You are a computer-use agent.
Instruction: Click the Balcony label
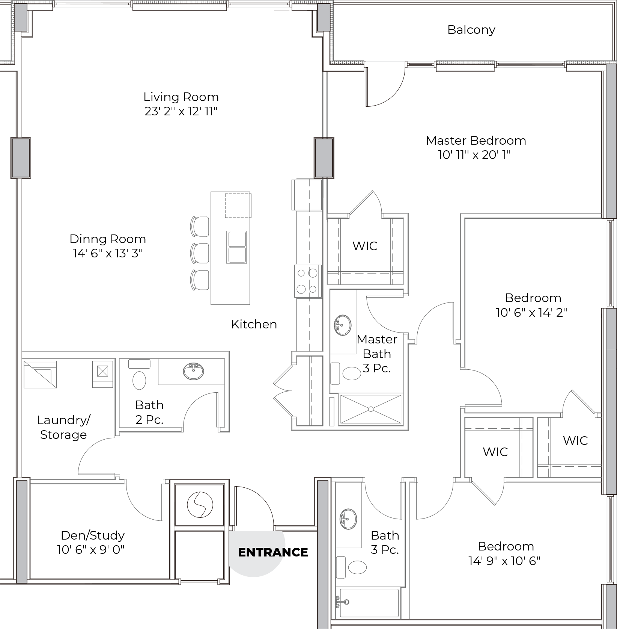point(471,30)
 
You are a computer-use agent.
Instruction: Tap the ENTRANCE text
point(273,552)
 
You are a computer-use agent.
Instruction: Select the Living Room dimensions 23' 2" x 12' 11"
point(181,111)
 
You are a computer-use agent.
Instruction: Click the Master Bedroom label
point(476,141)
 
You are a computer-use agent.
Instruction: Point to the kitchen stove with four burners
point(308,281)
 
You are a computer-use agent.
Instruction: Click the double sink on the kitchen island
point(237,247)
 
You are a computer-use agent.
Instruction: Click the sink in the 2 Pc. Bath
point(194,371)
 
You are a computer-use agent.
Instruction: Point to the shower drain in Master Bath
point(371,409)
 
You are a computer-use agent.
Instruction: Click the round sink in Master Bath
point(342,325)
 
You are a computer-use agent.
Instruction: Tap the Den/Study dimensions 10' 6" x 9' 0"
point(91,550)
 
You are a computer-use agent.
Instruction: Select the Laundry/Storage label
point(63,427)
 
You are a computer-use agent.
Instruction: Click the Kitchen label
point(254,324)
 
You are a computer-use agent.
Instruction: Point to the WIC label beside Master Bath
point(365,246)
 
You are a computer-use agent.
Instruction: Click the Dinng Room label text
point(108,239)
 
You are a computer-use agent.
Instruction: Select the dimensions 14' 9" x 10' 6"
point(504,561)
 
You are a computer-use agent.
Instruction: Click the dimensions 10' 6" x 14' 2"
point(531,313)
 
